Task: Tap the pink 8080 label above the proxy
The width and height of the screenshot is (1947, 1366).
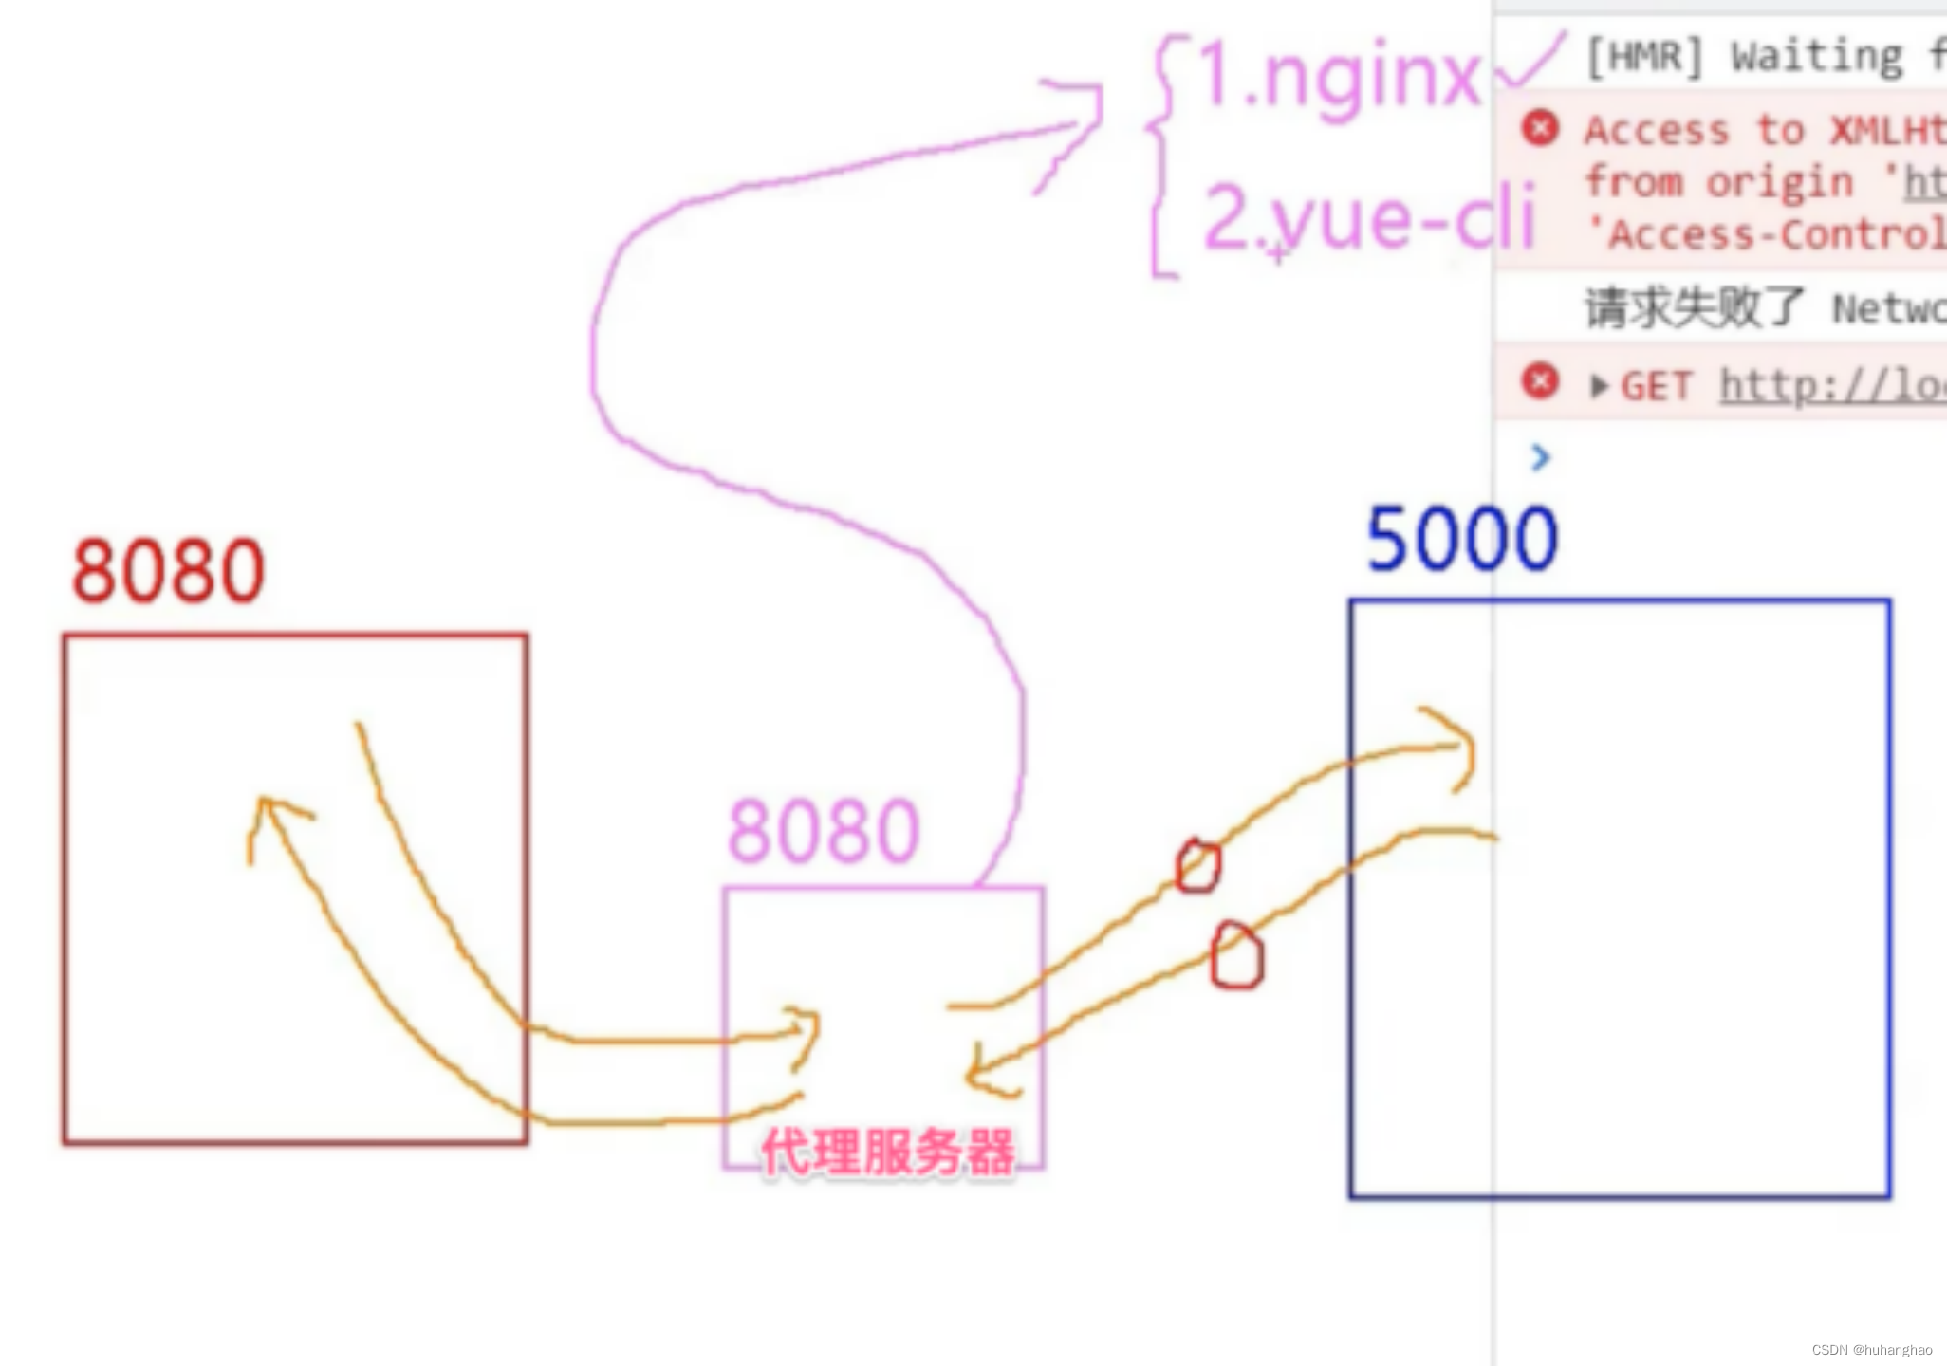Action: tap(824, 831)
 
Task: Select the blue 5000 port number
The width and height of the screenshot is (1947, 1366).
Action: tap(1461, 539)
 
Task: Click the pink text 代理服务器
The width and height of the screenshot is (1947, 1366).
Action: tap(887, 1153)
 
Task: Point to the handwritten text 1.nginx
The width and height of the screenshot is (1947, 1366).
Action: tap(1338, 78)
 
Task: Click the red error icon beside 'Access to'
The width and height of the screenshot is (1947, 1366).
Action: tap(1540, 128)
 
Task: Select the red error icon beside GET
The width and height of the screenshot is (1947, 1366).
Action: tap(1540, 382)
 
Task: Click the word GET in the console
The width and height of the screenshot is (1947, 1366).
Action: tap(1656, 386)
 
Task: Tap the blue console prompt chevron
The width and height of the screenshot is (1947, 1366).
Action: tap(1541, 458)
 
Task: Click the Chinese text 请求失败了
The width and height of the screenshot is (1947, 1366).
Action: tap(1695, 308)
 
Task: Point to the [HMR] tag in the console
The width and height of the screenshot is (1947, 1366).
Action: tap(1644, 57)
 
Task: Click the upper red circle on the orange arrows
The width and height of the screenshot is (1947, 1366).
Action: tap(1197, 866)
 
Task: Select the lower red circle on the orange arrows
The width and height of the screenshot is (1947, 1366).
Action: tap(1237, 957)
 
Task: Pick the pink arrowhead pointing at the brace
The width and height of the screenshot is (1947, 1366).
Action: tap(1077, 123)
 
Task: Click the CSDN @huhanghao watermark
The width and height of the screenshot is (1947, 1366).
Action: tap(1871, 1350)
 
